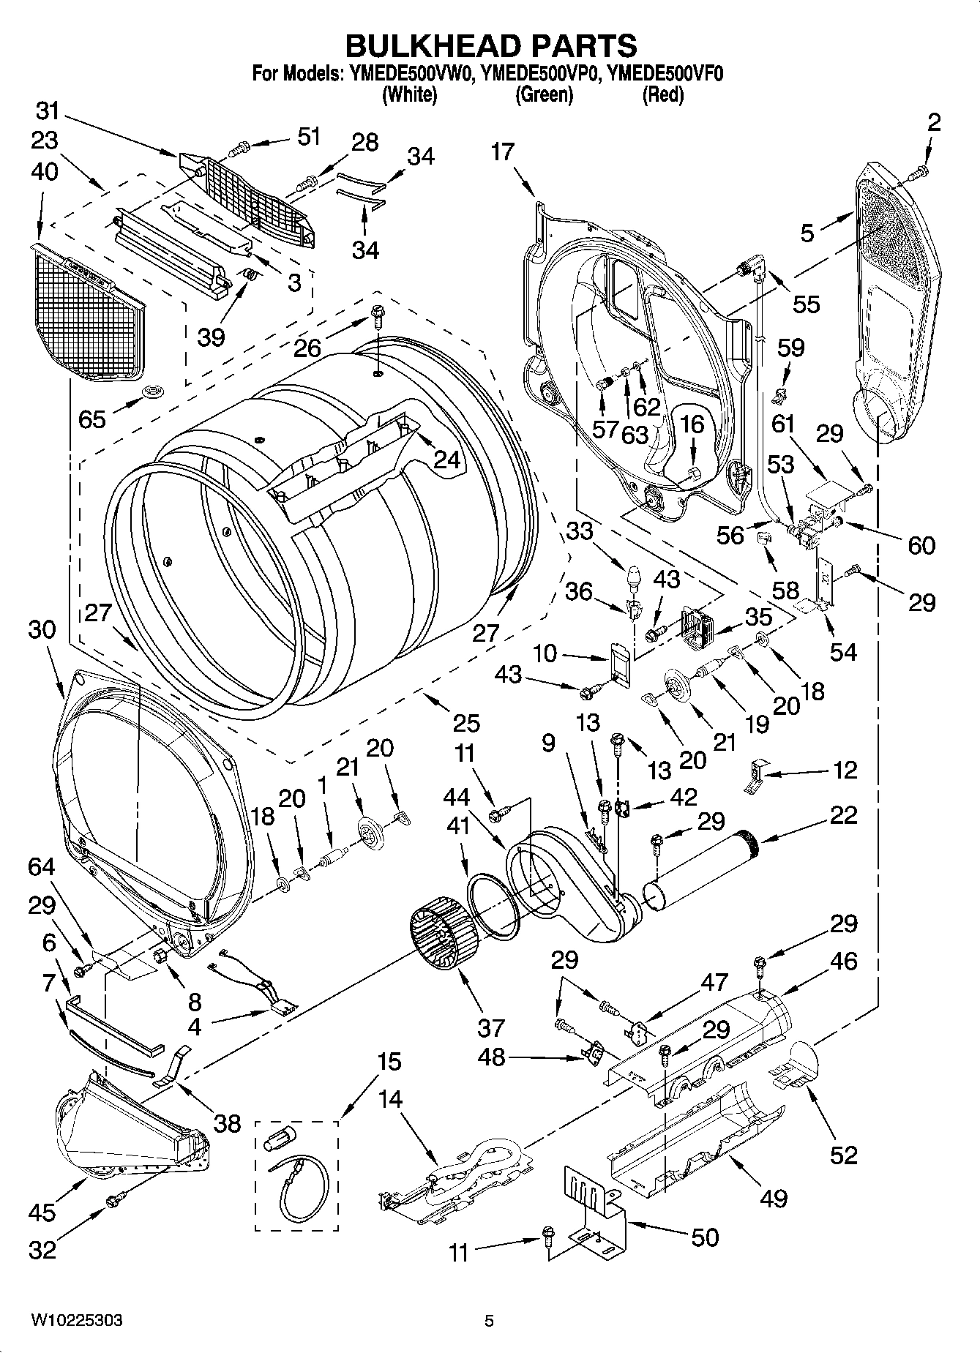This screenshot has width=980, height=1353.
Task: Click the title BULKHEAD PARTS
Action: pos(490,45)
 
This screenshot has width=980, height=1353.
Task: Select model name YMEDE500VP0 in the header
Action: pos(543,73)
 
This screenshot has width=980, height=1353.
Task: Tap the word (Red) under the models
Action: pos(662,94)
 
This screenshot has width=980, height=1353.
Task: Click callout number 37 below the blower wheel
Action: pos(491,1028)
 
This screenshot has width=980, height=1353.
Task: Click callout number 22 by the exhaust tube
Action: pos(843,814)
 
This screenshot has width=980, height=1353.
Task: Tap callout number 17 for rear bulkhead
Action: pos(503,152)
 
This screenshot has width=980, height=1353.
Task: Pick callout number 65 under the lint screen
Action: pos(93,419)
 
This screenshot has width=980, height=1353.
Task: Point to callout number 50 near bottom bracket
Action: pos(704,1237)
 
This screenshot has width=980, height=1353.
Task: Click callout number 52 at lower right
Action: pos(843,1155)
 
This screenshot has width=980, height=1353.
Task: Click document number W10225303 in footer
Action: pos(76,1320)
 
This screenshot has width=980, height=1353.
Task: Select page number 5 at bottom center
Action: pos(490,1321)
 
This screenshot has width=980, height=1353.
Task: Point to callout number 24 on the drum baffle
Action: pos(447,459)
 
